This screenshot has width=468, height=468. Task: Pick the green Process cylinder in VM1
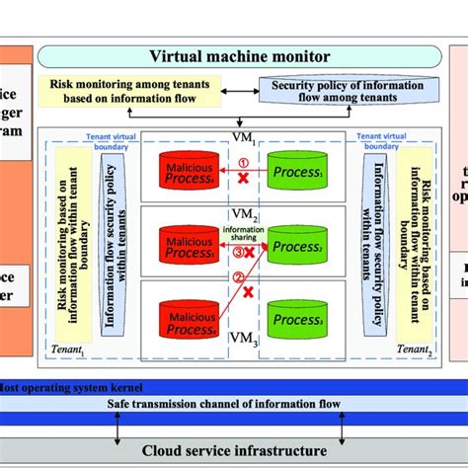pyautogui.click(x=297, y=170)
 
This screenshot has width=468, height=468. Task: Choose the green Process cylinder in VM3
pyautogui.click(x=297, y=319)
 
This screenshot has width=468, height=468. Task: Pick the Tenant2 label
pyautogui.click(x=413, y=349)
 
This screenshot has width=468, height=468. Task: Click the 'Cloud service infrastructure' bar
pyautogui.click(x=233, y=449)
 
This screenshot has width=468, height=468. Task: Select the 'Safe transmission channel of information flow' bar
pyautogui.click(x=233, y=403)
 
